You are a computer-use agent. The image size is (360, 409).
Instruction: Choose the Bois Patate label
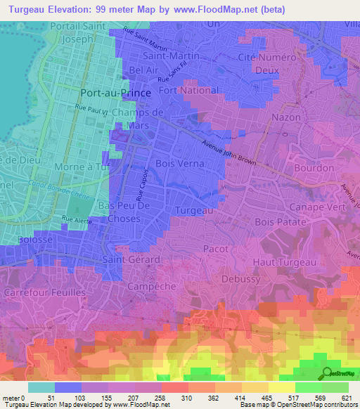[x=281, y=221]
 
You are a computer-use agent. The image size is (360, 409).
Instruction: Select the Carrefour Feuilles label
[x=44, y=292]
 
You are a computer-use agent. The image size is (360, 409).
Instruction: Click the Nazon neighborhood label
[x=285, y=117]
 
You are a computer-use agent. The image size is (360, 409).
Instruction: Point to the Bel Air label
[x=143, y=71]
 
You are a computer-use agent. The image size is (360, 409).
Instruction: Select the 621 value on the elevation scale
[x=341, y=398]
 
